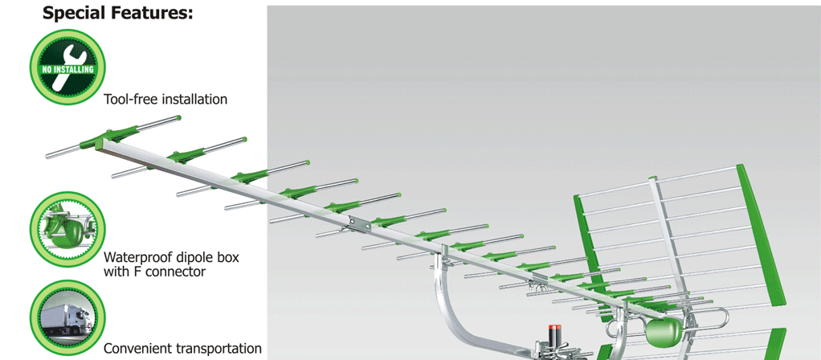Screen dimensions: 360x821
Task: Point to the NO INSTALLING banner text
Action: [67, 70]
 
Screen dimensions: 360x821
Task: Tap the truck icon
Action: [67, 318]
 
